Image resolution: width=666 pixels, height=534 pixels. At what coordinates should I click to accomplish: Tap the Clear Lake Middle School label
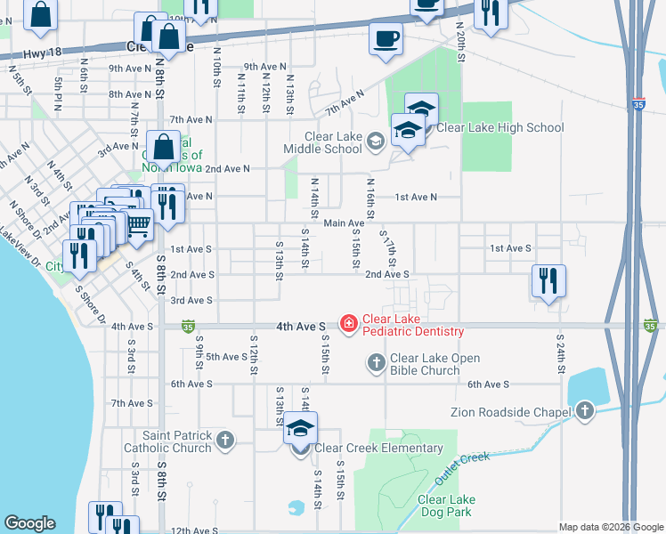(x=333, y=142)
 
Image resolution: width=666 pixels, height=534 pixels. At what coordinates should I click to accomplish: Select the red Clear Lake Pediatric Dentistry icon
(x=348, y=325)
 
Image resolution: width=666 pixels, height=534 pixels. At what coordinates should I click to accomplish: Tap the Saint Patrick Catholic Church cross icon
(x=226, y=440)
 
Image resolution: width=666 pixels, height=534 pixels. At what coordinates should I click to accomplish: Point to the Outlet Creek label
(x=462, y=470)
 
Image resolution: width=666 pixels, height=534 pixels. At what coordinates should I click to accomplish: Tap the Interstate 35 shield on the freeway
(x=639, y=102)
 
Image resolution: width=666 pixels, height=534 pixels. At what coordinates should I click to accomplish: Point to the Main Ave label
(x=344, y=223)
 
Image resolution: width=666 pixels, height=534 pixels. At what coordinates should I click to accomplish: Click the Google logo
(x=28, y=523)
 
